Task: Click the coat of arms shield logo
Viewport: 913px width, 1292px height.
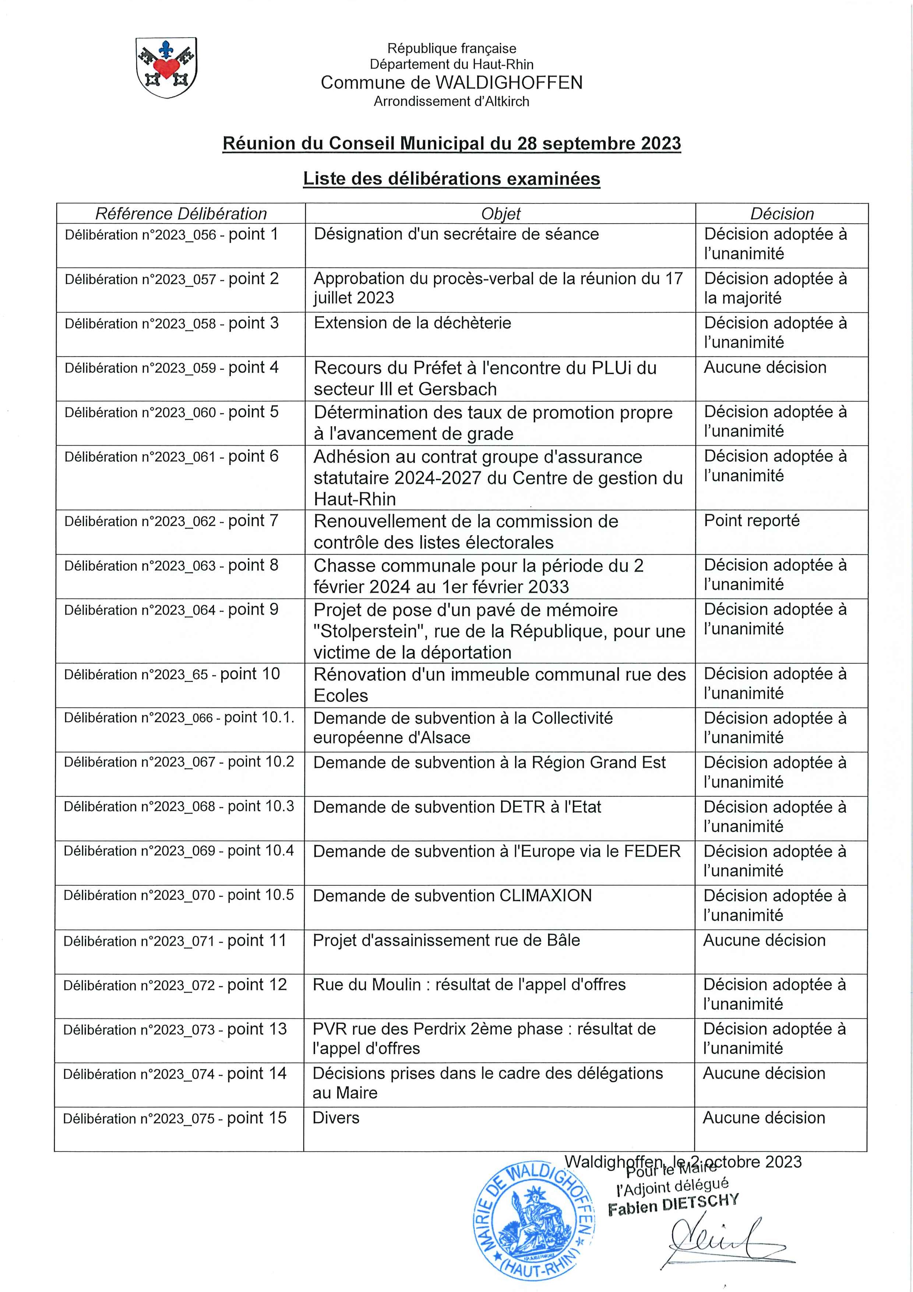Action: point(166,67)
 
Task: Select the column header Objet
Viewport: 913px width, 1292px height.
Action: point(501,214)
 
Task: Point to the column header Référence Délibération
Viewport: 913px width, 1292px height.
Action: point(180,214)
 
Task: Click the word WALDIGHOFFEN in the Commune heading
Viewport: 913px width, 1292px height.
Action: point(509,83)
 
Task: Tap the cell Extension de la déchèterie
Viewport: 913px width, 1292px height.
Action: point(412,323)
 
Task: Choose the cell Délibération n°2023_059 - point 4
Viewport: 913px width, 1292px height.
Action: point(172,368)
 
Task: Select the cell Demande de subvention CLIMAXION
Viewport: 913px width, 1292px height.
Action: point(452,895)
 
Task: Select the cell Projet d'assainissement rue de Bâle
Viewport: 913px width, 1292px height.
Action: point(446,940)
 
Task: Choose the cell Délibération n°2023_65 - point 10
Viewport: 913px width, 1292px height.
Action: point(172,674)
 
